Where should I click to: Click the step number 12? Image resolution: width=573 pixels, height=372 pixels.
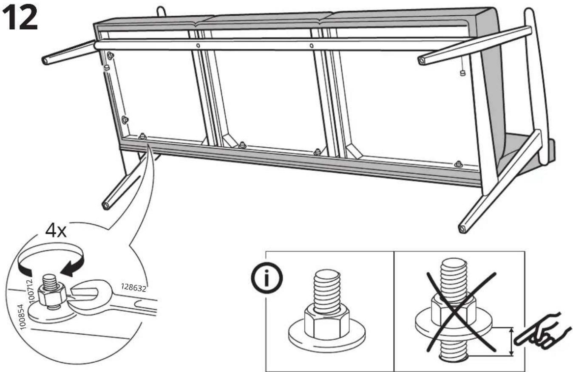[x=20, y=18]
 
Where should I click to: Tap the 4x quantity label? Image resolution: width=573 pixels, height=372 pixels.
[x=56, y=231]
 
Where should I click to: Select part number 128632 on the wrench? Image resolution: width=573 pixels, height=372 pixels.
[x=133, y=287]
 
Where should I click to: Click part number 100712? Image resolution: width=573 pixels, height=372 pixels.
[x=31, y=291]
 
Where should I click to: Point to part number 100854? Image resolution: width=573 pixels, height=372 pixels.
[x=23, y=317]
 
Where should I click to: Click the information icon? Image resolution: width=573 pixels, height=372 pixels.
[x=267, y=278]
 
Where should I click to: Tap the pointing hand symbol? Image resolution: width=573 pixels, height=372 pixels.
[x=544, y=332]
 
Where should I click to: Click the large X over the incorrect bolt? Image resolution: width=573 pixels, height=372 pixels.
[x=461, y=312]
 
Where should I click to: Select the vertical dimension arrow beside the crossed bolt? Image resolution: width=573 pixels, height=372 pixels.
[x=511, y=341]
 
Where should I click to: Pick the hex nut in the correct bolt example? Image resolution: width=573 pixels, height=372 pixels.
[x=326, y=323]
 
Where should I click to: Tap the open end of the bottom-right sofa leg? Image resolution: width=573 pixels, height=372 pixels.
[x=462, y=228]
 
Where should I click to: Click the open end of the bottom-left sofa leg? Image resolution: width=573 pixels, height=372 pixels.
[x=106, y=206]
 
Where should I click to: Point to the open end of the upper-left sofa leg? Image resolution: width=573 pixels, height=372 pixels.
[x=45, y=61]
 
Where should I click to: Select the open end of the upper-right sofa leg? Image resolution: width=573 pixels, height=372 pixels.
[x=421, y=61]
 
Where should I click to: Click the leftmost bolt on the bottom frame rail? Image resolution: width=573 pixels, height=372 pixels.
[x=142, y=136]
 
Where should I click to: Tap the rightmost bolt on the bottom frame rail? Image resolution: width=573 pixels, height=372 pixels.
[x=458, y=164]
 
